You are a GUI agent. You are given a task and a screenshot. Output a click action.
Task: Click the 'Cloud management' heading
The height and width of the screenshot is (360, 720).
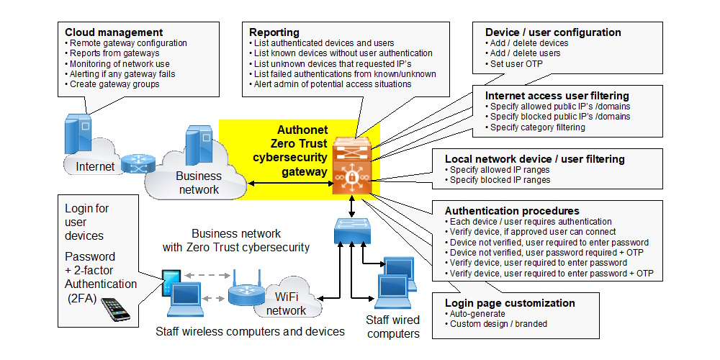114,32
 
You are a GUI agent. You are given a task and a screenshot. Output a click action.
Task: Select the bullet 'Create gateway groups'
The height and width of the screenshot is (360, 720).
114,84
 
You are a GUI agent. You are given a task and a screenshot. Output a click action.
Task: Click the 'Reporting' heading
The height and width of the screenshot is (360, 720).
274,32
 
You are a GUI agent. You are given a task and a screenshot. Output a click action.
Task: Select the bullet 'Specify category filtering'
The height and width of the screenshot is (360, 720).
537,127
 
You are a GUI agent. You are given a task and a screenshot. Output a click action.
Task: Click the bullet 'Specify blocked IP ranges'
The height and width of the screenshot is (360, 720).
500,180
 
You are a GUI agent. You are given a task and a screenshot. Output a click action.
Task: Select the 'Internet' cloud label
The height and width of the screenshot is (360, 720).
96,167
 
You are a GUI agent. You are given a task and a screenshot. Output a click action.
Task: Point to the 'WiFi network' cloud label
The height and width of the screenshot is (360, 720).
286,303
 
